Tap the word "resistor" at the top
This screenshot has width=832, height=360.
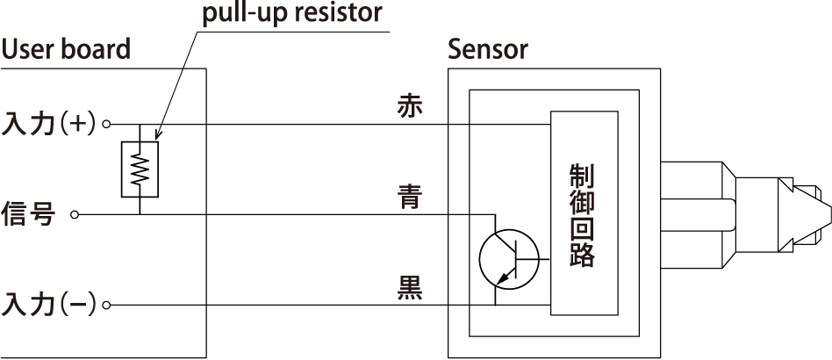tap(339, 13)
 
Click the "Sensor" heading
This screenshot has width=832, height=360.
tap(488, 49)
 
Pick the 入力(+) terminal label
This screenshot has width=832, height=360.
tap(50, 124)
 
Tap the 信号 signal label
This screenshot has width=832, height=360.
tap(30, 213)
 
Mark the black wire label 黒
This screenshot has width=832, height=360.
tap(410, 287)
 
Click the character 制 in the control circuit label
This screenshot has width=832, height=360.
tap(583, 176)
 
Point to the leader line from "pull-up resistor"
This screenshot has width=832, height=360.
tap(176, 79)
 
